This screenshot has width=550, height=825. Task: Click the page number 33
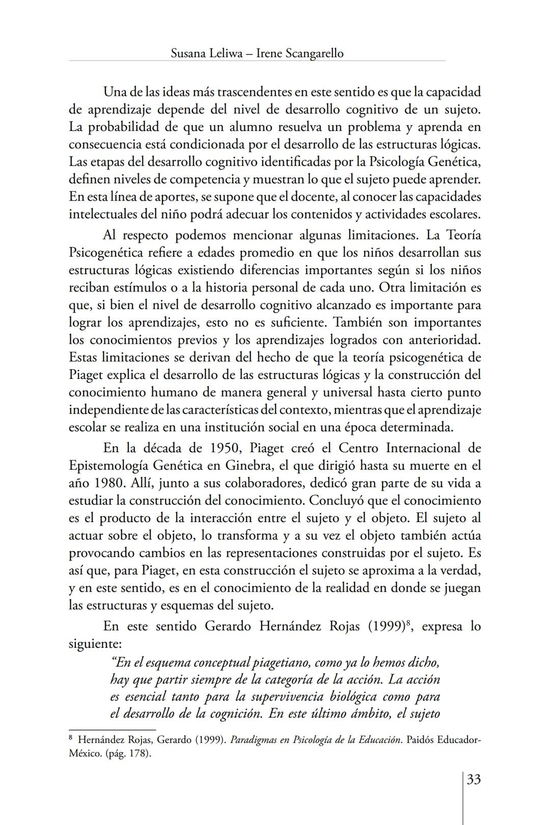point(474,780)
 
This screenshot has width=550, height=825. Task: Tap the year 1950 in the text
point(226,449)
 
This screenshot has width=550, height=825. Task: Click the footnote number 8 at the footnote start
point(71,738)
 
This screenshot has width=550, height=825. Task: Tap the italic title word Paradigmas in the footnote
point(254,740)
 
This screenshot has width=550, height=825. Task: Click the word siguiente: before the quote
point(95,644)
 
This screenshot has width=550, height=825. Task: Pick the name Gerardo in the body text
point(229,626)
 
